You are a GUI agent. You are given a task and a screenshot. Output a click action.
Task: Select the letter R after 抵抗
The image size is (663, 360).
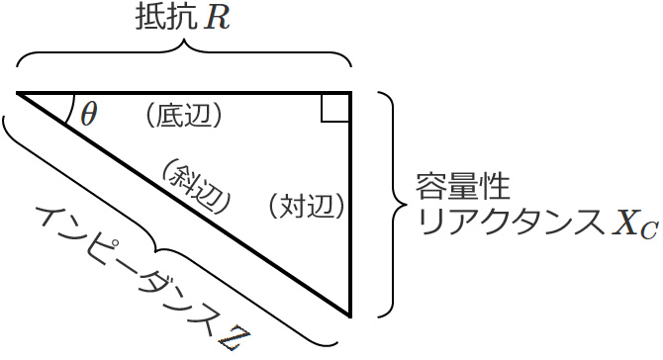(x=218, y=19)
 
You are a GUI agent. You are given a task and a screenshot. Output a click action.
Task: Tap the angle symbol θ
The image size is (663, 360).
(x=89, y=114)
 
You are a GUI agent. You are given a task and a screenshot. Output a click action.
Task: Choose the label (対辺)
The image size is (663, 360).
(x=309, y=206)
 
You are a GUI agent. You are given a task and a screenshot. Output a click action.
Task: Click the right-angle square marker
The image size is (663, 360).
(x=335, y=107)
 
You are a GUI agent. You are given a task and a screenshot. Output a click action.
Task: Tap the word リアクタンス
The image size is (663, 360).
(x=510, y=224)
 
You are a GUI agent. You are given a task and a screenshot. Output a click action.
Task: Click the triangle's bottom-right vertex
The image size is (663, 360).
(x=350, y=315)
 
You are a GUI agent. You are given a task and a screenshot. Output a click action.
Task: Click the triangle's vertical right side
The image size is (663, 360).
(x=350, y=208)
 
